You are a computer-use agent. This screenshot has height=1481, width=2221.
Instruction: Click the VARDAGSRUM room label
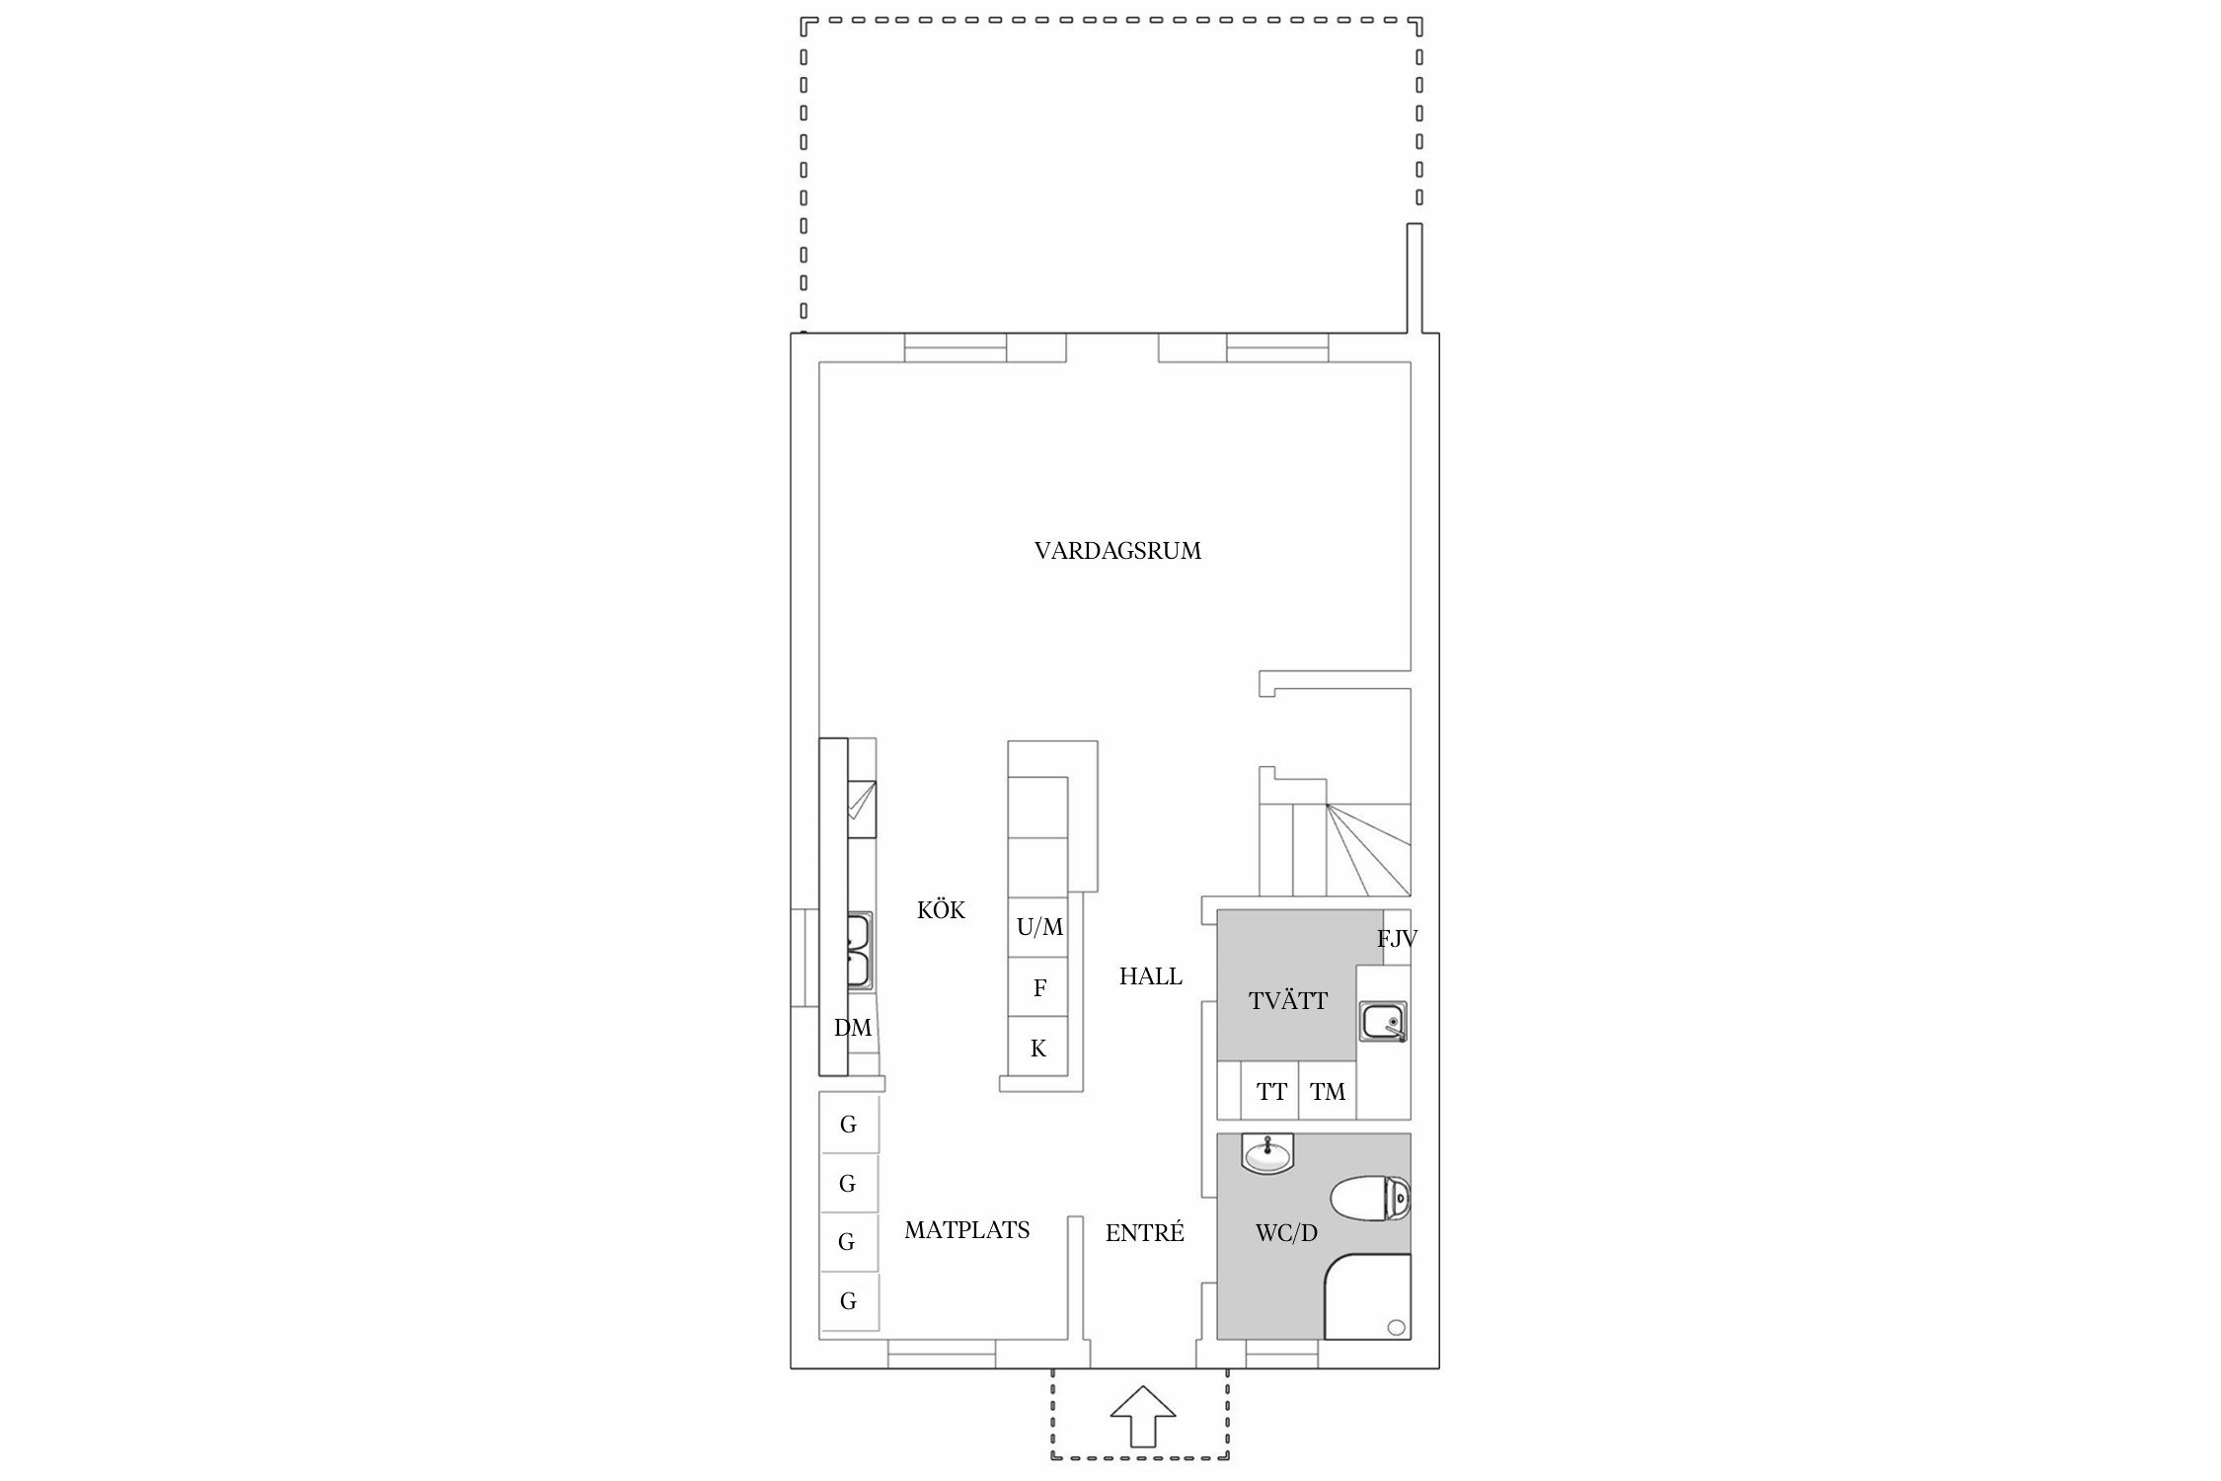[1117, 551]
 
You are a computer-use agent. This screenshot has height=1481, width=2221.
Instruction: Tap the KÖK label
[941, 909]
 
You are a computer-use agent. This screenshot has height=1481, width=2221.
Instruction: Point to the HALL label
[1150, 976]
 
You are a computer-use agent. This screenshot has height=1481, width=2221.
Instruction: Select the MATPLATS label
[966, 1230]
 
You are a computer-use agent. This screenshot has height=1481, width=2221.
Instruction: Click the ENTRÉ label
[1144, 1232]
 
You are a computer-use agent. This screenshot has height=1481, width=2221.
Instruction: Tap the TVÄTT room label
[1287, 1000]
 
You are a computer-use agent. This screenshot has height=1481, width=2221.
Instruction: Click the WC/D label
[1286, 1233]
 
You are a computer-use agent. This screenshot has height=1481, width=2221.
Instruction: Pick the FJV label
[1397, 939]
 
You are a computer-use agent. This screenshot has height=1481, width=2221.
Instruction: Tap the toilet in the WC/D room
[1370, 1200]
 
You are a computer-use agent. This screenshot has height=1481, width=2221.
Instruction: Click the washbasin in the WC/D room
[1266, 1153]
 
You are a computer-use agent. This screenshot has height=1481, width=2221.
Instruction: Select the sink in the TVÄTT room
[1384, 1021]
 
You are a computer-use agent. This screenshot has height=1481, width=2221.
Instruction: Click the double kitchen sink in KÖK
[167, 951]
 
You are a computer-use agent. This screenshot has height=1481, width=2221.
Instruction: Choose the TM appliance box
[1328, 1091]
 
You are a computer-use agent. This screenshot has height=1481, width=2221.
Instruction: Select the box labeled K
[1037, 1047]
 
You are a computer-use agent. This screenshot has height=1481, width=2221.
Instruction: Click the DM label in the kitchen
[853, 1028]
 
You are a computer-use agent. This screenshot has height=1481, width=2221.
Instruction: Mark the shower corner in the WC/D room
[1367, 1296]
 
